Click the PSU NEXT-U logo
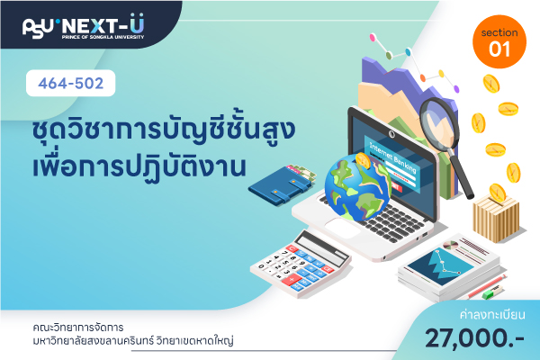[x=84, y=26]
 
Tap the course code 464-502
[x=70, y=84]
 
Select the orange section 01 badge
[x=499, y=41]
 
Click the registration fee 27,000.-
[x=474, y=337]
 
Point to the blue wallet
[x=282, y=186]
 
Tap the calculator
[x=301, y=264]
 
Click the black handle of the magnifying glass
[x=463, y=174]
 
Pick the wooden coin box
[x=496, y=218]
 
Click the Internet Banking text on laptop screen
[x=392, y=157]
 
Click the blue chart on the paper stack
[x=440, y=266]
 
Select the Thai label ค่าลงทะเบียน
[x=492, y=315]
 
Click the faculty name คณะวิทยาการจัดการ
[x=78, y=328]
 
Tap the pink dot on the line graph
[x=373, y=37]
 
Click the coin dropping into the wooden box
[x=498, y=193]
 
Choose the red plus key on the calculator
[x=291, y=279]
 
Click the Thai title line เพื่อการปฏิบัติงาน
[x=139, y=166]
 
